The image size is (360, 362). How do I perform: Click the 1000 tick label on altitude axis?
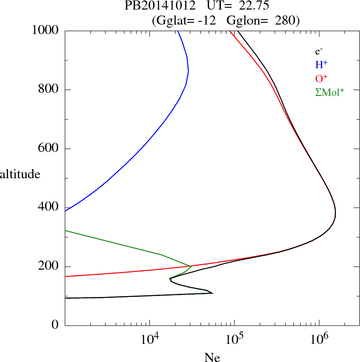click(x=45, y=30)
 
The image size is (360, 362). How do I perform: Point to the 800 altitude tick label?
click(x=49, y=90)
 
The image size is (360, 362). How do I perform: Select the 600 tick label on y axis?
click(x=49, y=149)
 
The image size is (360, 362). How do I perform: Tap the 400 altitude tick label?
click(x=49, y=208)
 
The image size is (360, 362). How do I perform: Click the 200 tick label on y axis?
click(x=49, y=266)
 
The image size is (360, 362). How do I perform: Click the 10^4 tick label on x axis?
click(x=150, y=339)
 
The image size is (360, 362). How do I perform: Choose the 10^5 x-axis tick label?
click(x=235, y=339)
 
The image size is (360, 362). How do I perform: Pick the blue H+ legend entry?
click(x=321, y=65)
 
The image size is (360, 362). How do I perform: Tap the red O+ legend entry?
click(x=321, y=78)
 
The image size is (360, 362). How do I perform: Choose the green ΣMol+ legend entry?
click(x=330, y=92)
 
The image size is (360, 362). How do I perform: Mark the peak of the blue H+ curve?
click(x=188, y=71)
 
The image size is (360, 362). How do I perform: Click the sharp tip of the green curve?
click(x=191, y=266)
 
